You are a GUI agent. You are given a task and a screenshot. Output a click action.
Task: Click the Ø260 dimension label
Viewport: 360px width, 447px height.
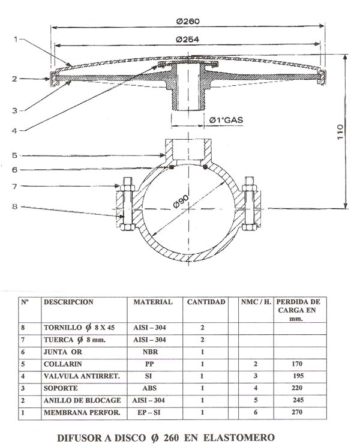pyautogui.click(x=188, y=21)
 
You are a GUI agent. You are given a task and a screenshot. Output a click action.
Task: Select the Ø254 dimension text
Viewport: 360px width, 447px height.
pyautogui.click(x=188, y=40)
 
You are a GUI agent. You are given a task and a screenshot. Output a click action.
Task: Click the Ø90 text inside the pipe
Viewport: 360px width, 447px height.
pyautogui.click(x=182, y=202)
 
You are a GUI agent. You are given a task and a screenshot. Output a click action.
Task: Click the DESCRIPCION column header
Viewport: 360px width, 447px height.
pyautogui.click(x=68, y=302)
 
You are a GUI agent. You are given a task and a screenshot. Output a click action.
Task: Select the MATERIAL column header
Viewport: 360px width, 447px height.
pyautogui.click(x=152, y=302)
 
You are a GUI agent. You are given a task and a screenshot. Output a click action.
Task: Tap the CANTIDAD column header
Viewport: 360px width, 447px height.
pyautogui.click(x=206, y=302)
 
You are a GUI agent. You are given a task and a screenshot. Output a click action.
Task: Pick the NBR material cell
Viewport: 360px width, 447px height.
pyautogui.click(x=152, y=352)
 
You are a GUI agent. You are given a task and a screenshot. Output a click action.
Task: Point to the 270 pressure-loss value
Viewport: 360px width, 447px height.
pyautogui.click(x=295, y=412)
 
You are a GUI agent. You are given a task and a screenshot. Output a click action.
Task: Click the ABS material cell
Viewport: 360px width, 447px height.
pyautogui.click(x=152, y=388)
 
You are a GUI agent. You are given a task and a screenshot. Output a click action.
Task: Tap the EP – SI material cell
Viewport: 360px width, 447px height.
pyautogui.click(x=152, y=412)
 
